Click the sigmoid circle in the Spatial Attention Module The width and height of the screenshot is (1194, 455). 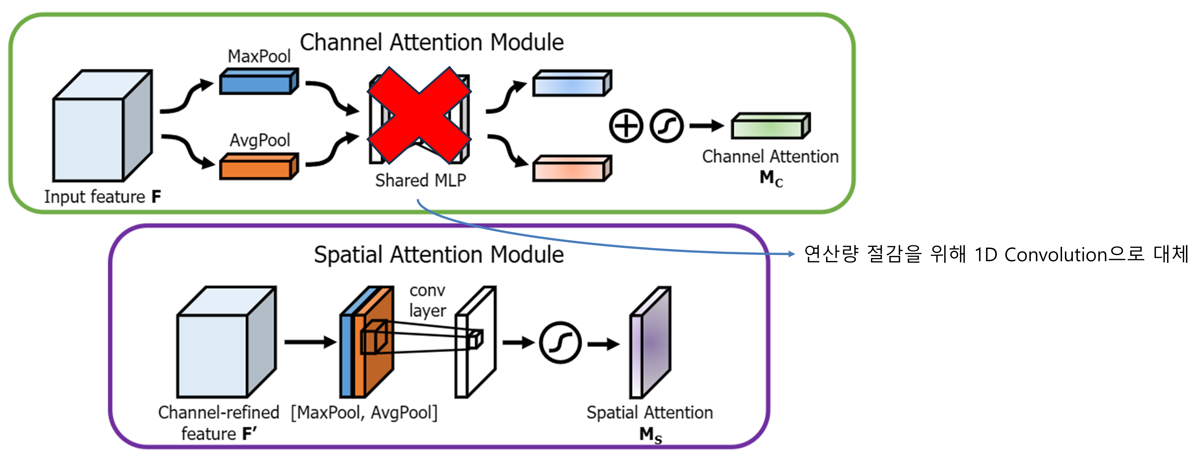[560, 343]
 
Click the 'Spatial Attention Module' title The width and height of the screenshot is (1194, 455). [439, 255]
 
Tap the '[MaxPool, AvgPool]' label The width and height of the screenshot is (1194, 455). [364, 412]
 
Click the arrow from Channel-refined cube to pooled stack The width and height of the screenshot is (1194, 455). [310, 342]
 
